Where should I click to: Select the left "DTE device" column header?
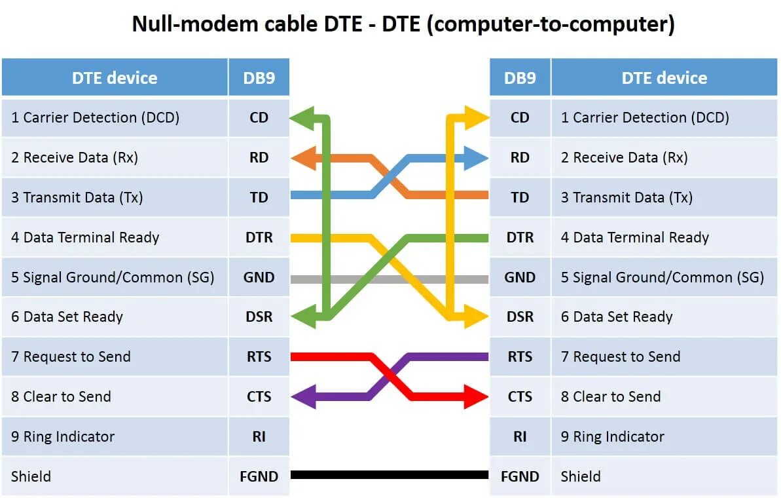[x=115, y=78]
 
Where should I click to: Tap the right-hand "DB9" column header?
[x=520, y=78]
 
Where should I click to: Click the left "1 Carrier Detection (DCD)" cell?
[x=115, y=118]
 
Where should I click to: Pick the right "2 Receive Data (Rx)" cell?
[x=664, y=158]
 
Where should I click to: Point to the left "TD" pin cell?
[x=259, y=197]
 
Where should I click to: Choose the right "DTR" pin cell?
[x=520, y=237]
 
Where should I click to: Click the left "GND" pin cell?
[x=259, y=277]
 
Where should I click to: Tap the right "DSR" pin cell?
[x=520, y=317]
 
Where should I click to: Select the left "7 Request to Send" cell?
[x=115, y=357]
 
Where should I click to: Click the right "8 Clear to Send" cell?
[x=664, y=396]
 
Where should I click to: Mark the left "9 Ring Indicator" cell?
[x=115, y=436]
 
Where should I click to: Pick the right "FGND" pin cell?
[x=520, y=476]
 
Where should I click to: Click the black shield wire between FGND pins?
[x=390, y=475]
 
